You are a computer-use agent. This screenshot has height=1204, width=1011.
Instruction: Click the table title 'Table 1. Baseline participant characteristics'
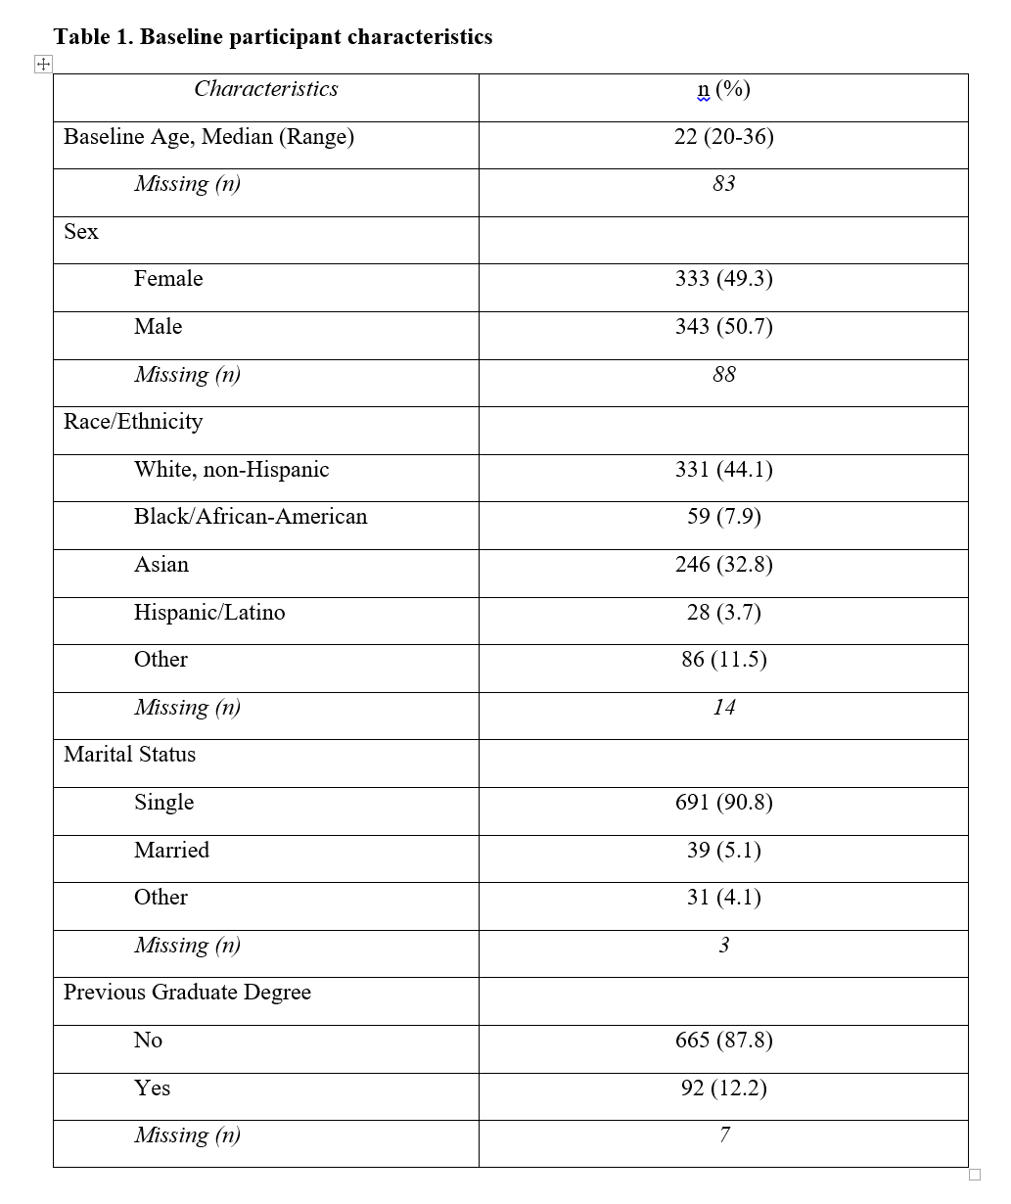pyautogui.click(x=273, y=37)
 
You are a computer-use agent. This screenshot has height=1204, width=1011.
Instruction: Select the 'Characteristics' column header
pyautogui.click(x=266, y=89)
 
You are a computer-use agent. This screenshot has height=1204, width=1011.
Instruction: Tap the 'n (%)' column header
pyautogui.click(x=723, y=90)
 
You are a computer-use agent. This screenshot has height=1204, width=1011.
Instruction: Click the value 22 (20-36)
pyautogui.click(x=723, y=137)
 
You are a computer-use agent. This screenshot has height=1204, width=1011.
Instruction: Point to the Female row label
pyautogui.click(x=168, y=279)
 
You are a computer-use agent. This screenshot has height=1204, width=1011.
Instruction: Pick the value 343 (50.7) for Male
pyautogui.click(x=723, y=327)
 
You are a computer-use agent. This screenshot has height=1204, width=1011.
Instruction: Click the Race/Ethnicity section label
pyautogui.click(x=133, y=422)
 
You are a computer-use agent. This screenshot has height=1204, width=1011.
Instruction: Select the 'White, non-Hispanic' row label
pyautogui.click(x=231, y=470)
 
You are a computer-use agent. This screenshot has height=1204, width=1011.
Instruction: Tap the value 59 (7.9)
pyautogui.click(x=723, y=517)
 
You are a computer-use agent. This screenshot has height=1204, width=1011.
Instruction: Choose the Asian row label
pyautogui.click(x=161, y=565)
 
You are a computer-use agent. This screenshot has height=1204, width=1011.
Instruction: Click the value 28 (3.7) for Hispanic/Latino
pyautogui.click(x=723, y=613)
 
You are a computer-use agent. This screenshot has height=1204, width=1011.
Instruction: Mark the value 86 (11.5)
pyautogui.click(x=723, y=660)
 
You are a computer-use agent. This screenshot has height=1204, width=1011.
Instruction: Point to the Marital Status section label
pyautogui.click(x=129, y=755)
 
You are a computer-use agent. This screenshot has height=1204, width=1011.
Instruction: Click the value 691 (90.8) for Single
pyautogui.click(x=723, y=803)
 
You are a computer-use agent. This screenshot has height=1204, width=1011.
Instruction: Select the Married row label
pyautogui.click(x=171, y=850)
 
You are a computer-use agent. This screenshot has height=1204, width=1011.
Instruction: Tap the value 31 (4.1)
pyautogui.click(x=723, y=898)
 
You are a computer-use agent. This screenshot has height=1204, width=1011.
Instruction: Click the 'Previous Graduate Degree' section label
pyautogui.click(x=187, y=993)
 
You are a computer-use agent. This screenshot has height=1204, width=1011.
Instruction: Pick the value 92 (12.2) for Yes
pyautogui.click(x=723, y=1088)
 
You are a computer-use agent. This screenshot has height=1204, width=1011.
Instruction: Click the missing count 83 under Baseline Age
pyautogui.click(x=723, y=184)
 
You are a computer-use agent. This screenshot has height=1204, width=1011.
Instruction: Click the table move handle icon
pyautogui.click(x=43, y=65)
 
